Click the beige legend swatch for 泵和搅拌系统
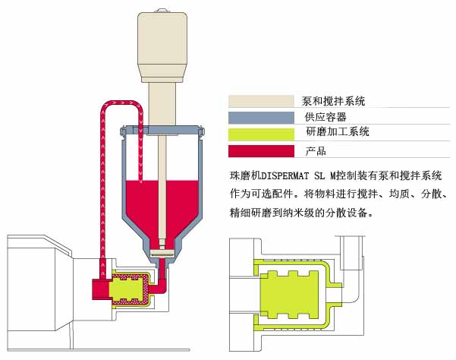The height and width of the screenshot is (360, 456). pyautogui.click(x=260, y=100)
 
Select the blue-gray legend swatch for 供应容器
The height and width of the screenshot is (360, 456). pyautogui.click(x=260, y=116)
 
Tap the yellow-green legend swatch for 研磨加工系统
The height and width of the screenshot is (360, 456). pyautogui.click(x=260, y=132)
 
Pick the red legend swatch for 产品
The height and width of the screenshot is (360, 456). pyautogui.click(x=260, y=150)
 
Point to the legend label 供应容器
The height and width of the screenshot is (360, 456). pyautogui.click(x=325, y=116)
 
